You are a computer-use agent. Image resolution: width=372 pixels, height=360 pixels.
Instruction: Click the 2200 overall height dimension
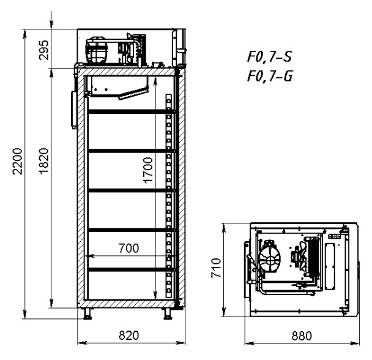coord(17,162)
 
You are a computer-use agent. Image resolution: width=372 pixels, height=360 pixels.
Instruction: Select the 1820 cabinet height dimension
coord(44,162)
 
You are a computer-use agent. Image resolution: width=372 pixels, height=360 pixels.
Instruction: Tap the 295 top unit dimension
coord(44,50)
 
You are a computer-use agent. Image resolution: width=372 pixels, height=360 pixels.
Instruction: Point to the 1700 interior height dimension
coord(148,170)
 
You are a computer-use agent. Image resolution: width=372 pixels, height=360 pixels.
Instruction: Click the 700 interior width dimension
coord(129,248)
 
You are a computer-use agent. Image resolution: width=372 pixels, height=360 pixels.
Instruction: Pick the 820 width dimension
coord(129,336)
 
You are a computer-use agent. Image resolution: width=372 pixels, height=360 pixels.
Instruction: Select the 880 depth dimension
coord(302,336)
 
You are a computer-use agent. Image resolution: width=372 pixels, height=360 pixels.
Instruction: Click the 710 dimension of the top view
coord(216,268)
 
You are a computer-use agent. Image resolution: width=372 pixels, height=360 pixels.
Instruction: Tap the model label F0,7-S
coord(269,57)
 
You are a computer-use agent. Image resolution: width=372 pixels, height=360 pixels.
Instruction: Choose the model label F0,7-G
coord(270,76)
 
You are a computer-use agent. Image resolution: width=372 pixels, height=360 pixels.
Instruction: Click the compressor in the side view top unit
coord(97,50)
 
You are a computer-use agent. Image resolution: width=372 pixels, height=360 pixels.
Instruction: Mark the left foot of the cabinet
coord(87,313)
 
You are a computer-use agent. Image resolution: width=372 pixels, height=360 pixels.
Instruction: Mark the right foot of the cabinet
coord(168,313)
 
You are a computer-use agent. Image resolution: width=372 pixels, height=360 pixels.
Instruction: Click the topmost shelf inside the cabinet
coord(132,111)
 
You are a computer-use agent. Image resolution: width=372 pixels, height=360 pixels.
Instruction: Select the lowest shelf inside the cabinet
coord(132,269)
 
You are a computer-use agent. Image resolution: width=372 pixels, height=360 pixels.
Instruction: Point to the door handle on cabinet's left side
coord(74,110)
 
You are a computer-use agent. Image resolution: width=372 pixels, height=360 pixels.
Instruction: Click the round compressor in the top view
coord(270,258)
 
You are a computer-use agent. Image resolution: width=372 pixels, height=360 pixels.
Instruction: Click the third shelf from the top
coord(132,190)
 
